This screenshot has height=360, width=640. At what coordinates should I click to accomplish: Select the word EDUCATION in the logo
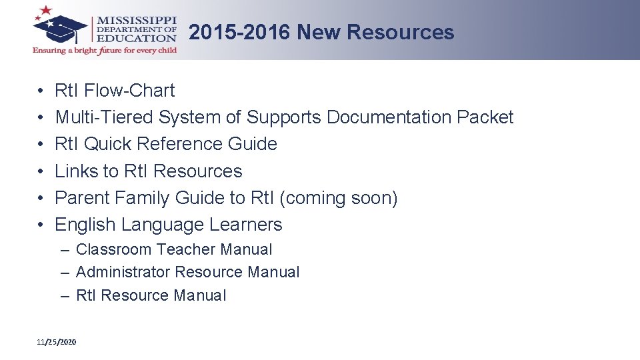coord(137,38)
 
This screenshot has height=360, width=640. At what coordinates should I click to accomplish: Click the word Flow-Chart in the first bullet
coord(139,91)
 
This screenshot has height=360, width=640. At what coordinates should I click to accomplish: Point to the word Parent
coord(82,198)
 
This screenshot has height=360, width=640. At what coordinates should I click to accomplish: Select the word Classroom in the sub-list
coord(113,249)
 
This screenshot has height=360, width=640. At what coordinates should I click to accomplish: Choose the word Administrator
coord(123,272)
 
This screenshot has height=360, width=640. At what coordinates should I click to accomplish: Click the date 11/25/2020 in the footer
coord(57,342)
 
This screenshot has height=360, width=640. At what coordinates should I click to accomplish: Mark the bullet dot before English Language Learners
coord(41,225)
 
